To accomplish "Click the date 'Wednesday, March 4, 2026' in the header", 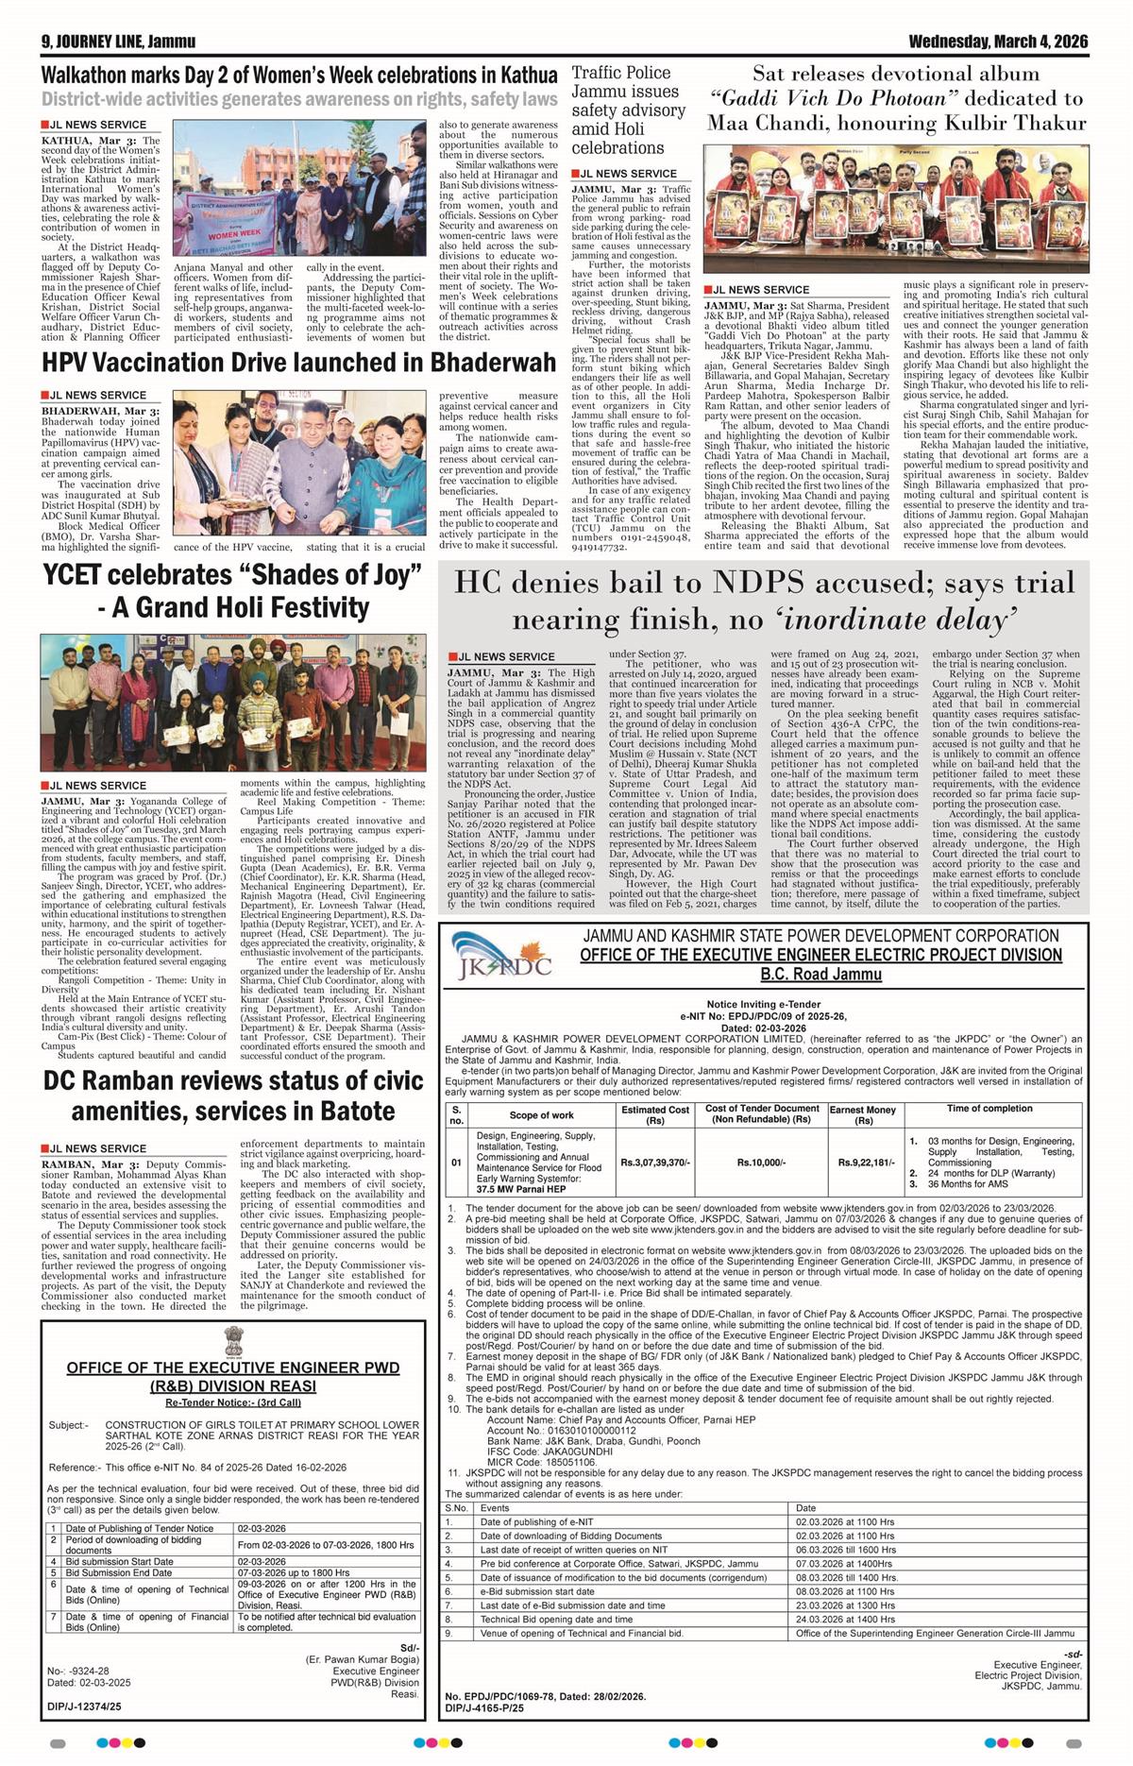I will click(x=998, y=42).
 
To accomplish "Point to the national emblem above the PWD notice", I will click(x=231, y=1341).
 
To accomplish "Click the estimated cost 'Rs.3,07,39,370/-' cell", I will click(x=655, y=1163).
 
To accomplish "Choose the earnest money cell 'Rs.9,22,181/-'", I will click(x=863, y=1163).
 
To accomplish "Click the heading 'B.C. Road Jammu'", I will click(x=820, y=975).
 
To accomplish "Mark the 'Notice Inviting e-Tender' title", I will click(x=763, y=1004).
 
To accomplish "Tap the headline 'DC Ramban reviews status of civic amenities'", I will click(x=232, y=1095).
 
